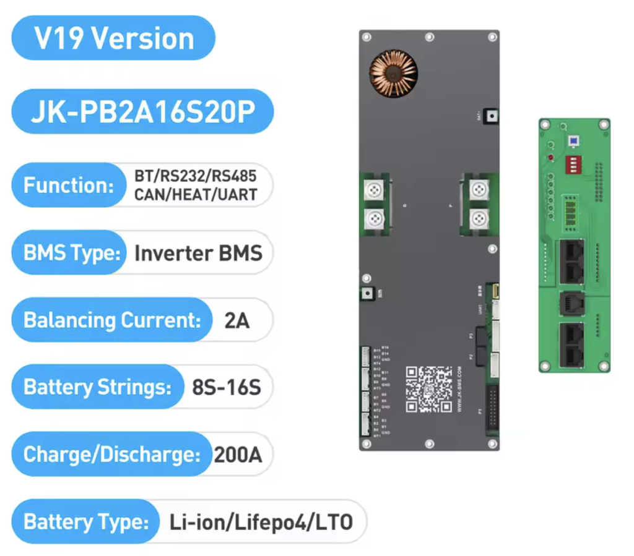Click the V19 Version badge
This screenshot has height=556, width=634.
[x=114, y=38]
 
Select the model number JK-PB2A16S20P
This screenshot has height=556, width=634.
[x=142, y=112]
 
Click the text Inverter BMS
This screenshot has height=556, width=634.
[x=198, y=252]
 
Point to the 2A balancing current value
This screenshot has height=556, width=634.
[x=238, y=320]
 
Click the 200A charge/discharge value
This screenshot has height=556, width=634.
[x=238, y=455]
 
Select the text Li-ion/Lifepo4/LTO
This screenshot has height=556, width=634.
[x=261, y=522]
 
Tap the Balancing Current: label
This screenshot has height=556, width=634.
[x=112, y=320]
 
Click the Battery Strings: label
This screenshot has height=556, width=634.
[x=97, y=387]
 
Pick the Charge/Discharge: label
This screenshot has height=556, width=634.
[x=111, y=455]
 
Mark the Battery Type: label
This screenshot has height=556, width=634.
[x=86, y=522]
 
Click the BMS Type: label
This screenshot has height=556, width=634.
[x=71, y=252]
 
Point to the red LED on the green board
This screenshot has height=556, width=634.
[x=550, y=158]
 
